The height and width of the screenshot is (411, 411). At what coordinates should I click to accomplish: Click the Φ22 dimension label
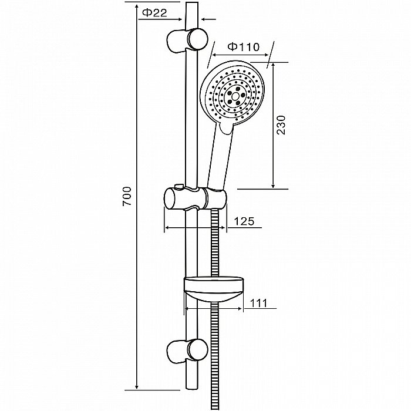[x=154, y=12]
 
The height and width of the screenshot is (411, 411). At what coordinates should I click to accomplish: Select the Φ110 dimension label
[x=244, y=47]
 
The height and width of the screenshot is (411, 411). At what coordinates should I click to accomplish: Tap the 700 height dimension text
[x=127, y=196]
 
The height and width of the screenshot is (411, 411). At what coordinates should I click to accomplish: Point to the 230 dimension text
[x=281, y=124]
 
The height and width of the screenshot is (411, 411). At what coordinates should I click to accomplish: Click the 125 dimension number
[x=244, y=221]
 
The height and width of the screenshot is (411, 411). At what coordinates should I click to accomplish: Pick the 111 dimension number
[x=258, y=304]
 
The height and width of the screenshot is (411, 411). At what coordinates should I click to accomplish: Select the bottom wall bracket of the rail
[x=187, y=352]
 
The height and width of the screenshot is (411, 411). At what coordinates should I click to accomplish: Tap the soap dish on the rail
[x=214, y=289]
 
